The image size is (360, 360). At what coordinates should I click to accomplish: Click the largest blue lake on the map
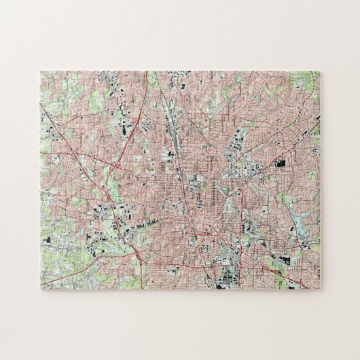coord(299,217)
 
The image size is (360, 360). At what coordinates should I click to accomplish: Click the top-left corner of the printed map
coord(41,71)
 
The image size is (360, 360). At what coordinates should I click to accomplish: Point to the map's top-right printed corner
coord(319,71)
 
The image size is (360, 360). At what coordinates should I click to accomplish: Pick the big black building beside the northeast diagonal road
coord(281,164)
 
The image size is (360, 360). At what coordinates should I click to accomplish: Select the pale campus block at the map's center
coord(198,183)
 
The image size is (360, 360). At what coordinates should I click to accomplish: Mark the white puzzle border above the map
coord(180,41)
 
